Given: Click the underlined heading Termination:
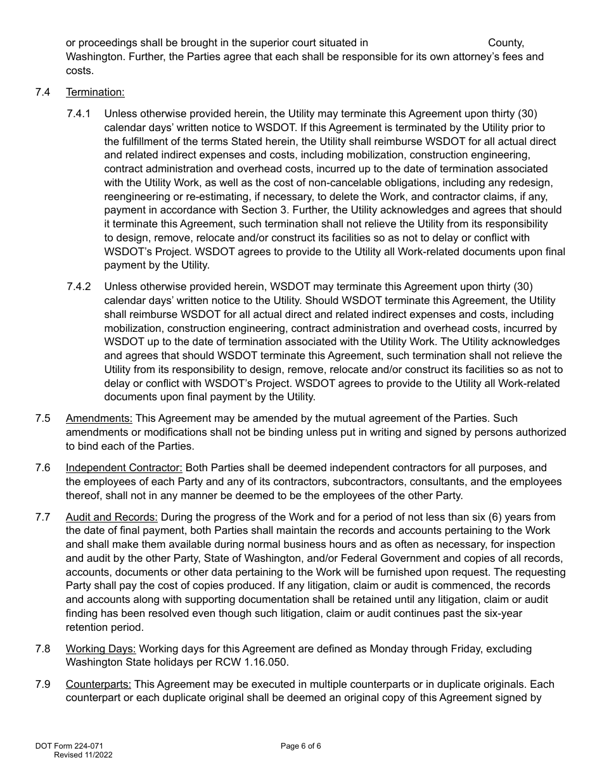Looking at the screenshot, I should (95, 92).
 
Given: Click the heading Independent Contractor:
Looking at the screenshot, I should (124, 468).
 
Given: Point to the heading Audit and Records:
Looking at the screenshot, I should (111, 517).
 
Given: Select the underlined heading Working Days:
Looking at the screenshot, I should (101, 649).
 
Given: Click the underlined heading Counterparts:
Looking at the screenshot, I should (98, 685).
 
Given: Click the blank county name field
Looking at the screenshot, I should (428, 43).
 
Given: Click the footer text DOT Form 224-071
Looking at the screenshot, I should (69, 746).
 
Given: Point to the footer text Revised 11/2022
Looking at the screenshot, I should (83, 755).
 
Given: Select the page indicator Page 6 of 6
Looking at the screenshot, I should (300, 746).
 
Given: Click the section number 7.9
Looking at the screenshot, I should (43, 685).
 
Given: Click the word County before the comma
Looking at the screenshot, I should (506, 43).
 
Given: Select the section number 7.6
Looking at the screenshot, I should (43, 468).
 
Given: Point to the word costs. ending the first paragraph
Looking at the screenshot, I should (80, 71).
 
